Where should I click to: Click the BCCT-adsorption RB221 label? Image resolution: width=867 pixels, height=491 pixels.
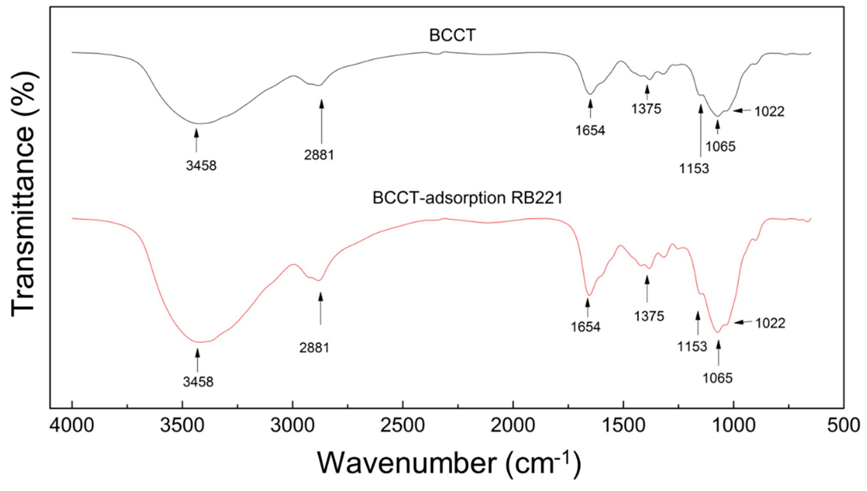tap(468, 198)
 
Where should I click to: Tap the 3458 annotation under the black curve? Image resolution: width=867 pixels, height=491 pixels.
tap(201, 166)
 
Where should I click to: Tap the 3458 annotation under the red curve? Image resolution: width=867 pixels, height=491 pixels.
tap(198, 382)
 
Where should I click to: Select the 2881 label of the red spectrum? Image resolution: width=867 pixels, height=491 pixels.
tap(314, 348)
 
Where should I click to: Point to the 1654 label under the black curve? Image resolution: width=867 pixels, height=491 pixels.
tap(590, 130)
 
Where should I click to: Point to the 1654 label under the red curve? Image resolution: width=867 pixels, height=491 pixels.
tap(586, 327)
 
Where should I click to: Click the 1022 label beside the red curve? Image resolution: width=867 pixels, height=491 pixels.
tap(770, 323)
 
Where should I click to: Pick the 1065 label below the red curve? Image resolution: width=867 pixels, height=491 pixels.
tap(718, 378)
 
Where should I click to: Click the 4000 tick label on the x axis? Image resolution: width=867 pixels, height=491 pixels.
tap(72, 426)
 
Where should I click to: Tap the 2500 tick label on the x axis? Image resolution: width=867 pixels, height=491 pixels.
tap(403, 426)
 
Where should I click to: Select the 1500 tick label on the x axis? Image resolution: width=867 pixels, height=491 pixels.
tap(623, 426)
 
